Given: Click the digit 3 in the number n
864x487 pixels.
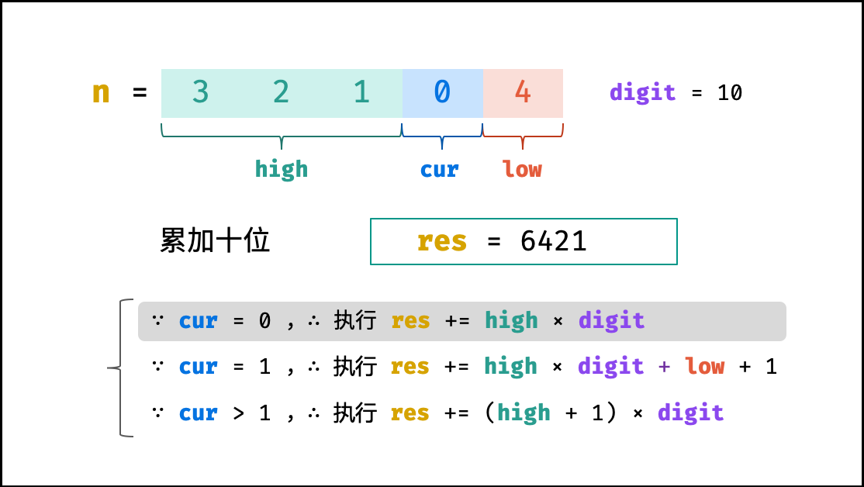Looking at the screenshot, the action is pyautogui.click(x=201, y=92).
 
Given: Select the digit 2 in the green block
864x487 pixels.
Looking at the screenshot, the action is pyautogui.click(x=281, y=92).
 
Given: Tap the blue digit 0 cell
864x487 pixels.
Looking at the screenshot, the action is pyautogui.click(x=442, y=93).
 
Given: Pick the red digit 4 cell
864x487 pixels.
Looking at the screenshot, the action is pyautogui.click(x=523, y=93).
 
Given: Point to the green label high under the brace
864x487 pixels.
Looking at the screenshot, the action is pyautogui.click(x=281, y=168).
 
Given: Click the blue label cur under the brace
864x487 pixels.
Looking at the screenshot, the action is pyautogui.click(x=439, y=170).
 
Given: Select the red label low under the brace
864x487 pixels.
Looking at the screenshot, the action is pyautogui.click(x=522, y=168).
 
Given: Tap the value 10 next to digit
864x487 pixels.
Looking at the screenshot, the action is pyautogui.click(x=730, y=92).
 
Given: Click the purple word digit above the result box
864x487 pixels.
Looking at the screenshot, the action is pyautogui.click(x=642, y=92).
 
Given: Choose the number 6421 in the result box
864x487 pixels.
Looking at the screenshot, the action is pyautogui.click(x=553, y=241).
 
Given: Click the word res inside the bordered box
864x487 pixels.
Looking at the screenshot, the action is pyautogui.click(x=442, y=242).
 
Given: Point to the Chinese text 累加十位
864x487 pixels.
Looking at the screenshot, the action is pyautogui.click(x=215, y=240).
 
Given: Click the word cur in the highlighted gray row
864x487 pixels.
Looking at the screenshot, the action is pyautogui.click(x=199, y=321).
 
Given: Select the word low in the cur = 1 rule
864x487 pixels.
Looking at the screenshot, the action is pyautogui.click(x=705, y=366).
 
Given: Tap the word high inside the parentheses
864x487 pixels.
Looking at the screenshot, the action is pyautogui.click(x=524, y=412).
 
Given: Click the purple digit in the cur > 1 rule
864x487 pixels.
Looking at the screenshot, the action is pyautogui.click(x=690, y=412).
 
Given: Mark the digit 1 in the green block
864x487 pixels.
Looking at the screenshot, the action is pyautogui.click(x=361, y=92).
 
